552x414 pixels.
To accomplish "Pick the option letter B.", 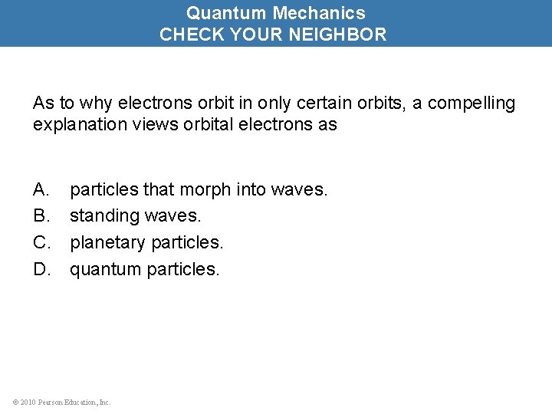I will pyautogui.click(x=40, y=216).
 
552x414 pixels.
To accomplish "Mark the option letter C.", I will pyautogui.click(x=40, y=243).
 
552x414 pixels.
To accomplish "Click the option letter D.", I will pyautogui.click(x=40, y=270).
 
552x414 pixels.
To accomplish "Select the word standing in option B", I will pyautogui.click(x=100, y=216).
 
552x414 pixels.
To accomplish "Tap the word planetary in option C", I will pyautogui.click(x=108, y=243).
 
